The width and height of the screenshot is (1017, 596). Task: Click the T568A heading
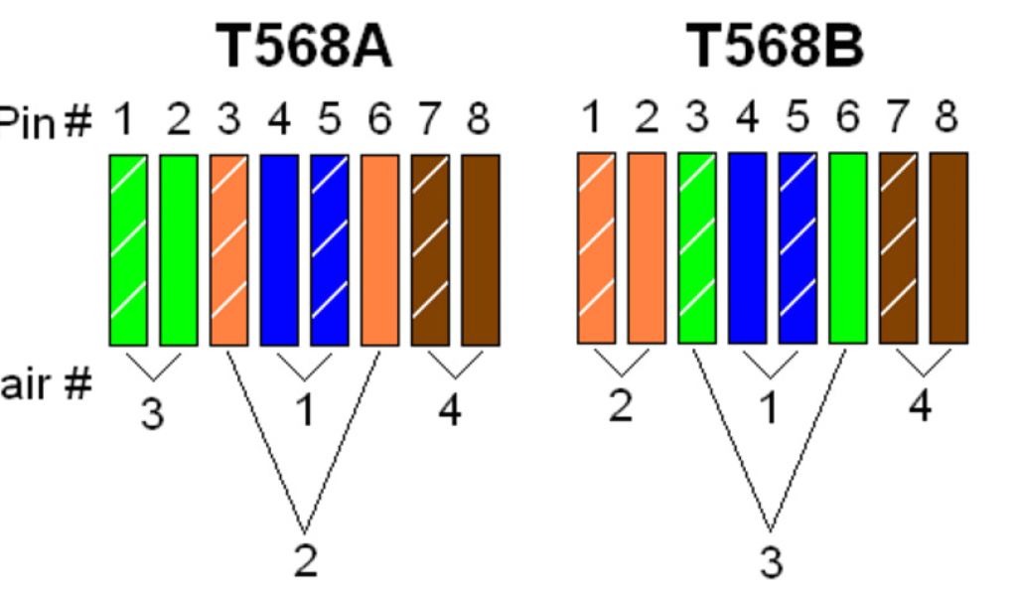tap(306, 47)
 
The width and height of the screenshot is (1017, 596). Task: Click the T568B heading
tap(776, 47)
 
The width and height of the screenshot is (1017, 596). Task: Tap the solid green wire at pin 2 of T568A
tap(179, 249)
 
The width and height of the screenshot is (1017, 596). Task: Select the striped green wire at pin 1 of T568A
tap(128, 249)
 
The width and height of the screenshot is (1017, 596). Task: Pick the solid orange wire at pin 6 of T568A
tap(380, 249)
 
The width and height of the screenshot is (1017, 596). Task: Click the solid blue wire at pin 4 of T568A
tap(279, 249)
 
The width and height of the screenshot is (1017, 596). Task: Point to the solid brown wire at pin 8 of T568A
tap(481, 249)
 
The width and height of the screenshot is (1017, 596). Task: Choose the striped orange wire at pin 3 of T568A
tap(229, 249)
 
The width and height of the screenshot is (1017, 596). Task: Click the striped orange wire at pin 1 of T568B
tap(596, 248)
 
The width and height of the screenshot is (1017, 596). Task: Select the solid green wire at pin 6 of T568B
tap(847, 248)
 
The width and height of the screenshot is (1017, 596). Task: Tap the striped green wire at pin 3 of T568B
tap(697, 248)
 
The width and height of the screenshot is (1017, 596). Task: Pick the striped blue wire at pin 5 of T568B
tap(798, 248)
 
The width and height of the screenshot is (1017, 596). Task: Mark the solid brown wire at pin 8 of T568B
tap(948, 248)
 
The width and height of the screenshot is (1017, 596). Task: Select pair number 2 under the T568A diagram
tap(306, 562)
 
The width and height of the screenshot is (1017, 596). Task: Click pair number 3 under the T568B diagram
tap(772, 562)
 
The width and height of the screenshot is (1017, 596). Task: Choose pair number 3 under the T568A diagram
tap(151, 413)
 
